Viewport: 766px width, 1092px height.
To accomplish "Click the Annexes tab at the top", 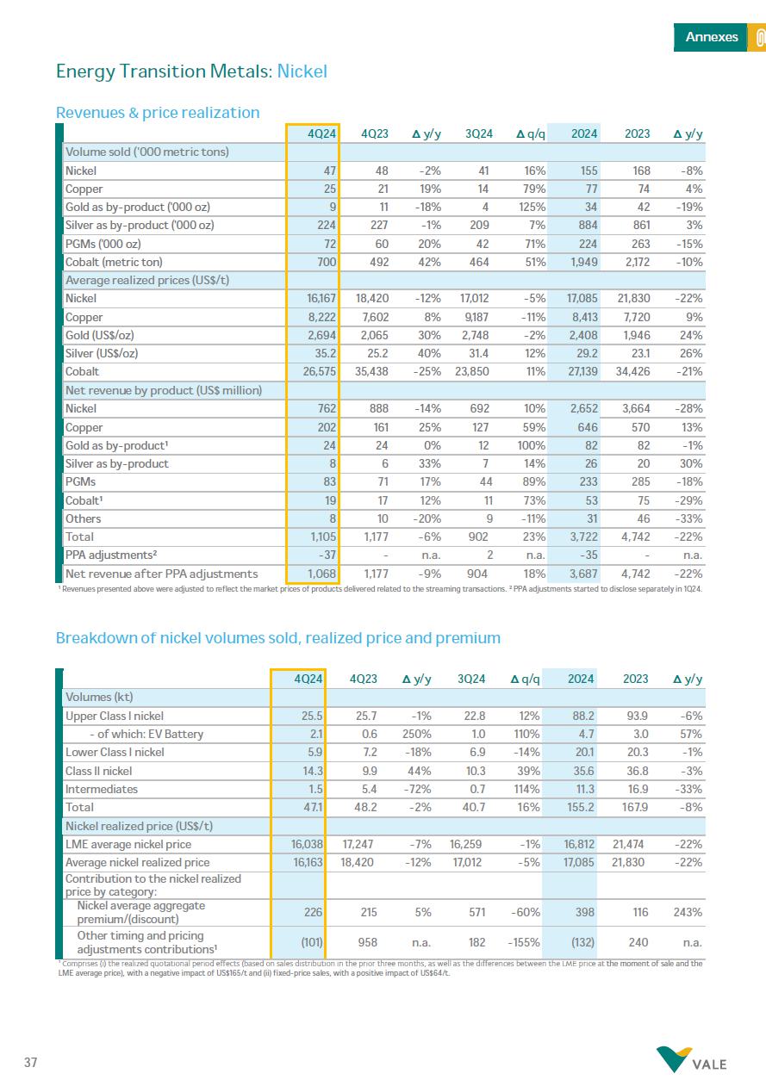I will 711,37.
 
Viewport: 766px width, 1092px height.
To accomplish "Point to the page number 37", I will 31,1062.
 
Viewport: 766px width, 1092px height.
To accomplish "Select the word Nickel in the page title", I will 302,71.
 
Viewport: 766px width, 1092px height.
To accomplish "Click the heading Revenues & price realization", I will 158,113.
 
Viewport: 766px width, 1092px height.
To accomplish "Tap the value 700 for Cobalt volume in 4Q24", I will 323,262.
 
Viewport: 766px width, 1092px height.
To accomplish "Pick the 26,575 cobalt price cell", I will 317,372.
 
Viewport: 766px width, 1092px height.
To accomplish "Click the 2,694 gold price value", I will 320,335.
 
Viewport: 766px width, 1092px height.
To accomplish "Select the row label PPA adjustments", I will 113,555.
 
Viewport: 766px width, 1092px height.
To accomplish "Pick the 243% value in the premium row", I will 688,911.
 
